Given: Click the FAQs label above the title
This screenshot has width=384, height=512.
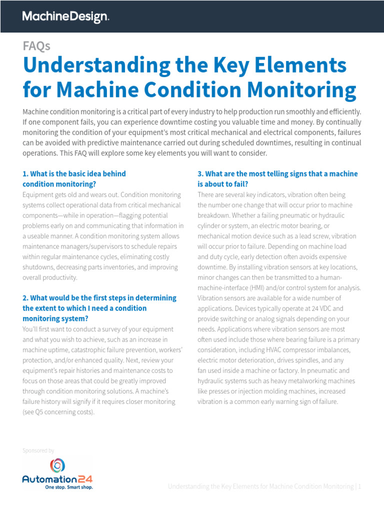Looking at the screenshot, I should (x=36, y=46).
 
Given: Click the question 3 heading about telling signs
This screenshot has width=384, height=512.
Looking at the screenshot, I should (x=277, y=178).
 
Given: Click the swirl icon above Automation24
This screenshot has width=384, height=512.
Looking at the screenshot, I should (x=57, y=466).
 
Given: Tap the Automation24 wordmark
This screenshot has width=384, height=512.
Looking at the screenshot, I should (x=57, y=478).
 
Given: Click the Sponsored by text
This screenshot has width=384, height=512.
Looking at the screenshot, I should (x=38, y=450).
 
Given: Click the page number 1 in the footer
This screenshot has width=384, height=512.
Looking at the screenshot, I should (x=359, y=486).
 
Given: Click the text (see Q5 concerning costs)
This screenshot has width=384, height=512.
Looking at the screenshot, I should (x=58, y=412).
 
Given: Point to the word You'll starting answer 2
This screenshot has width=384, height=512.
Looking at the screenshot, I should (x=30, y=329).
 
